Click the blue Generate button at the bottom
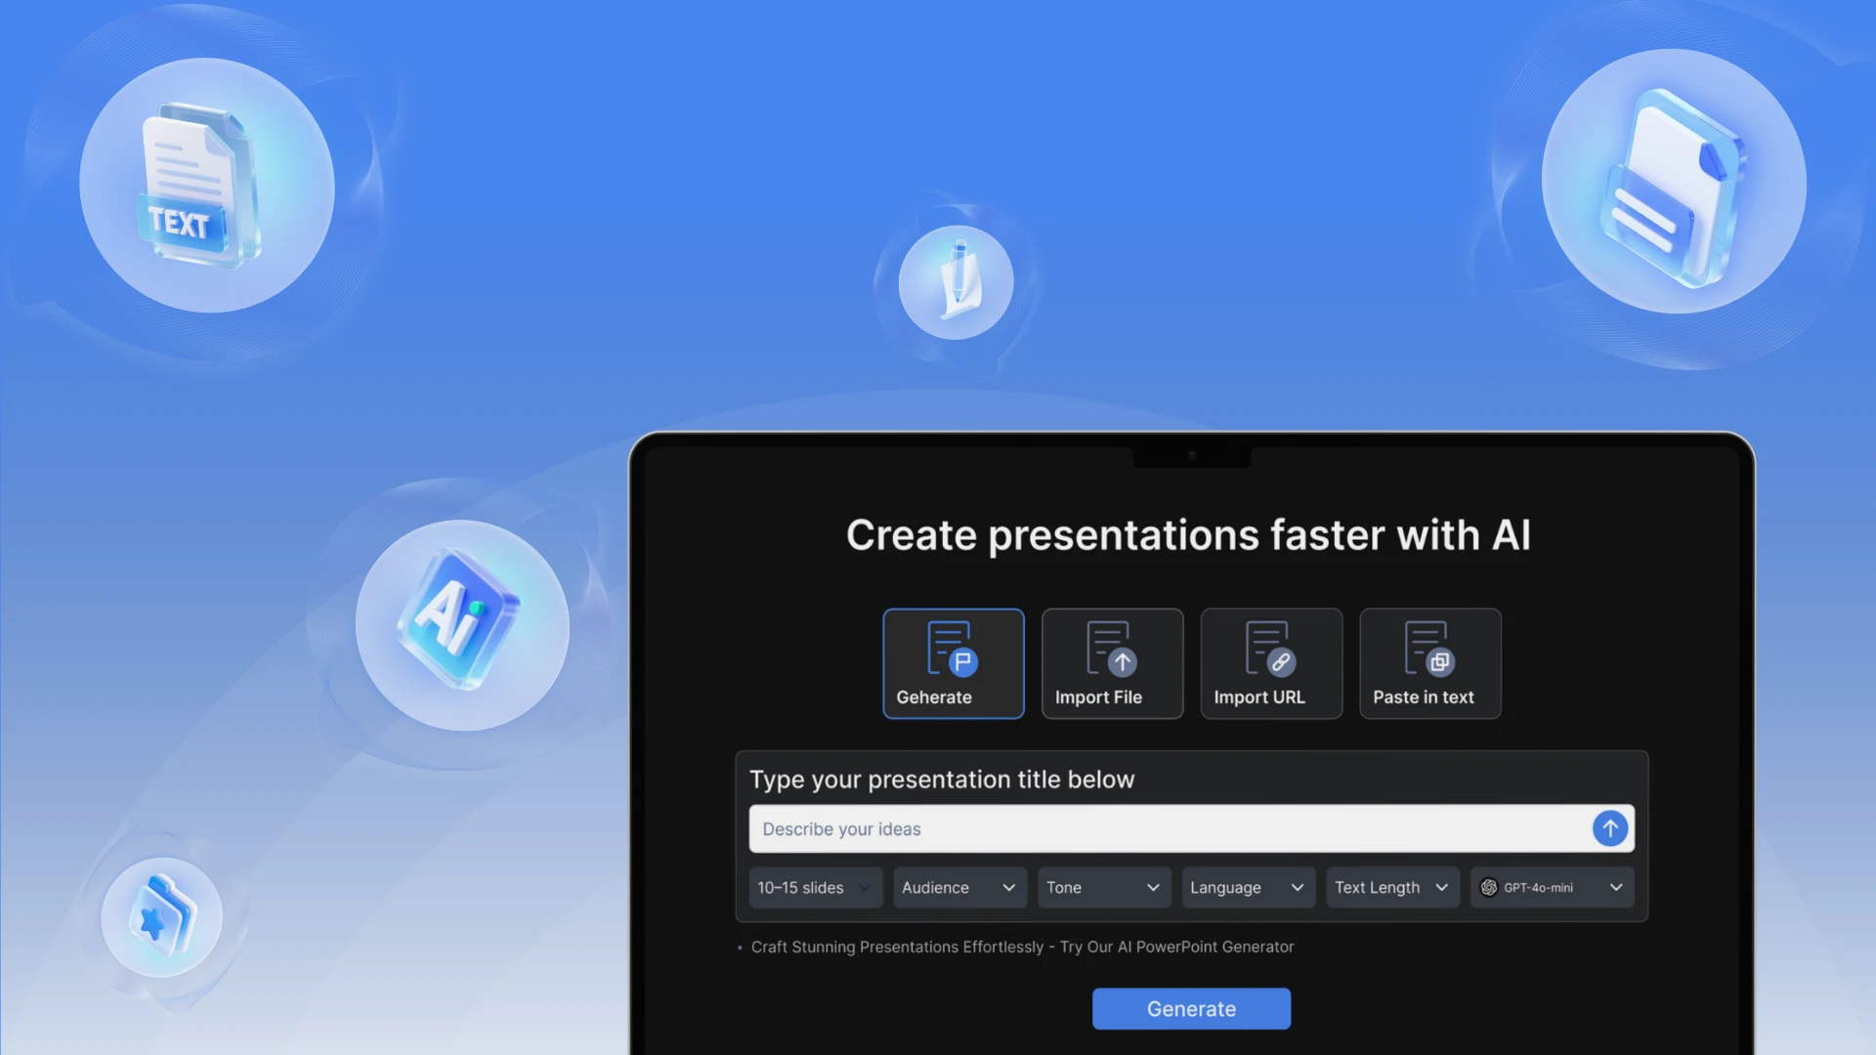[x=1191, y=1008]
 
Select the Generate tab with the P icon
[x=954, y=663]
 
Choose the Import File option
[x=1112, y=663]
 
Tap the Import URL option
[x=1271, y=663]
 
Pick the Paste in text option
[x=1429, y=663]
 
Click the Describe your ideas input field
[x=1168, y=829]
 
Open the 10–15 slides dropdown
[x=815, y=888]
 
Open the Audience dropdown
[x=959, y=888]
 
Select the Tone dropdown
[x=1104, y=888]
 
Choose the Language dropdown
[x=1248, y=888]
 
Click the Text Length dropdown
[x=1392, y=888]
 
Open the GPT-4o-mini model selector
[x=1552, y=888]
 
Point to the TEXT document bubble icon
[x=206, y=186]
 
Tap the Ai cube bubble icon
[x=461, y=625]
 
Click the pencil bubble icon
[x=956, y=282]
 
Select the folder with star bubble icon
[x=161, y=917]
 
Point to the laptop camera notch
[x=1191, y=455]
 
